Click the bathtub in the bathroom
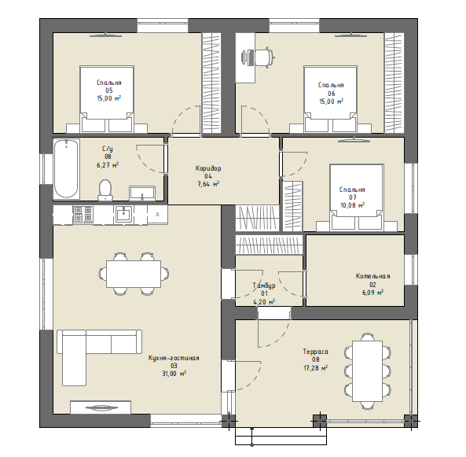[66, 168]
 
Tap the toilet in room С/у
[105, 190]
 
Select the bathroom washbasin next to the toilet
[142, 193]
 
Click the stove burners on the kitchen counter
[83, 214]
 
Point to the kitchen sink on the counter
[123, 214]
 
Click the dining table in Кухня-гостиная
[134, 274]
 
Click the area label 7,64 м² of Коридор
[208, 184]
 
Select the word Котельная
[372, 276]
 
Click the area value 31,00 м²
[174, 374]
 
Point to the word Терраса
[316, 352]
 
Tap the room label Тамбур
[264, 286]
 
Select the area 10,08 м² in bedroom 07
[353, 205]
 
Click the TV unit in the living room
[101, 407]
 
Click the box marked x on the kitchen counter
[157, 214]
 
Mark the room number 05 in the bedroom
[108, 90]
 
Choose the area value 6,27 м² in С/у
[108, 165]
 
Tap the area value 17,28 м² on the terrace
[316, 368]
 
